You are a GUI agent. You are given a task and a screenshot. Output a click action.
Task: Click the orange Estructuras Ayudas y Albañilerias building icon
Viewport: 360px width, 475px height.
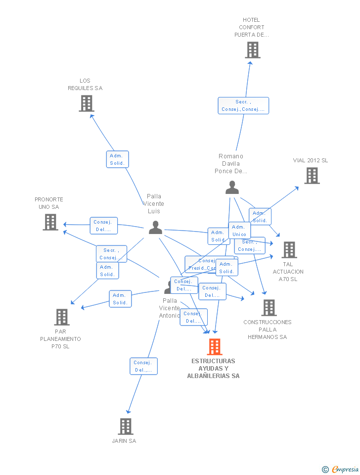(215, 347)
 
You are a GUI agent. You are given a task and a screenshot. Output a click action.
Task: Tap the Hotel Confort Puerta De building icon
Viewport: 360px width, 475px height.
(253, 50)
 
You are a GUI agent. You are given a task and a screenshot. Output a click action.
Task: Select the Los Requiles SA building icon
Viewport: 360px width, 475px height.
(87, 103)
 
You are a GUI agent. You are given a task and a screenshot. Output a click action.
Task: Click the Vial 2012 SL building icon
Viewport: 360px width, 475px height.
(312, 176)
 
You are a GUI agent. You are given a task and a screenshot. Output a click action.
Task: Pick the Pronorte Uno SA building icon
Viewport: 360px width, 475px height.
(50, 222)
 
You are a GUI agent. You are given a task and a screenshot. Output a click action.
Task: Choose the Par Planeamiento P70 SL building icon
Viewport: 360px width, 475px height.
(62, 317)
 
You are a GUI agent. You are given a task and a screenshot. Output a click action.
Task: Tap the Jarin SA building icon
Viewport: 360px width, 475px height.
(126, 426)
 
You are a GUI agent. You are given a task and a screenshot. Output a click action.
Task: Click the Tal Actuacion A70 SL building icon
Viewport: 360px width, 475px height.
(289, 250)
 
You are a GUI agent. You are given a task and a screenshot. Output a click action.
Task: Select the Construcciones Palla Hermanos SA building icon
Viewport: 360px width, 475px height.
(269, 308)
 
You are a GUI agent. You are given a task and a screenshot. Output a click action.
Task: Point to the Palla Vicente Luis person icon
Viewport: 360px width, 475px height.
(155, 228)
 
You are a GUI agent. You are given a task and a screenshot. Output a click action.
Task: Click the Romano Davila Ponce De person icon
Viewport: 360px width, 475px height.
(232, 188)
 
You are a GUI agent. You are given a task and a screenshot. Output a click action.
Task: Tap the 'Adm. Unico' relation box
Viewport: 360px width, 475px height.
(239, 230)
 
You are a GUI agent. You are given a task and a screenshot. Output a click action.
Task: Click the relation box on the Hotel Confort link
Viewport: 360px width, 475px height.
(243, 105)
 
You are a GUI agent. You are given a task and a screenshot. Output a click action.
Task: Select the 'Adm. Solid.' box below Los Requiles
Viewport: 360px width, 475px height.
(117, 159)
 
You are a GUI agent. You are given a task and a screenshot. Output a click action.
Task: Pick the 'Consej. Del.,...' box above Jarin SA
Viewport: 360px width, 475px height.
(143, 366)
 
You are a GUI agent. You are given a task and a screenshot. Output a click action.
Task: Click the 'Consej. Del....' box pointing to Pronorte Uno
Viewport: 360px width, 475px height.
(103, 226)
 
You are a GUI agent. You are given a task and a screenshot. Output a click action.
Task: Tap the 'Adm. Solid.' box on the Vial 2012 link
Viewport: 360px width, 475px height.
(260, 217)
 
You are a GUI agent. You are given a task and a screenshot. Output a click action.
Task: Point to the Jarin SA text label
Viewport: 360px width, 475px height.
(124, 441)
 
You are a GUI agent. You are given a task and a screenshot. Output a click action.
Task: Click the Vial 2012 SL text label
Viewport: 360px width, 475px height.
(311, 160)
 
